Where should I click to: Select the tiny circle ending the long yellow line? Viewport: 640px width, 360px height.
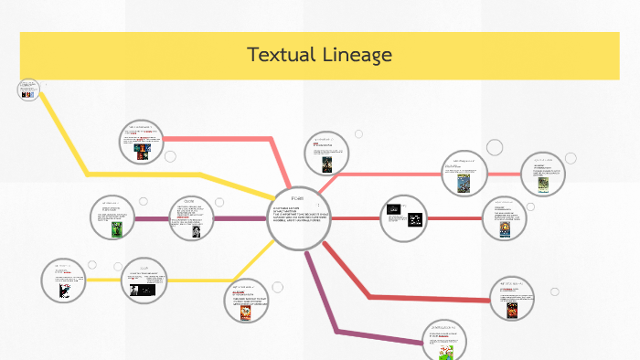pos(27,90)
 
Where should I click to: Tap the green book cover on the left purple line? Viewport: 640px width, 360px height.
pos(116,229)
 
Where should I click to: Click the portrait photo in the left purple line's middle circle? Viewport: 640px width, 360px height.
pos(197,232)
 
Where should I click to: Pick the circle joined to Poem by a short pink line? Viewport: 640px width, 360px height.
pos(326,154)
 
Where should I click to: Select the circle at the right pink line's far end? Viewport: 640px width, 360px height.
pos(543,174)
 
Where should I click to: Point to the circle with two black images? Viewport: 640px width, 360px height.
pos(402,217)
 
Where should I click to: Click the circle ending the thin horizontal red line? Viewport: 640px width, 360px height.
pos(506,219)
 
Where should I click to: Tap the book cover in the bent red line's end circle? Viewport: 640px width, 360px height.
pos(512,311)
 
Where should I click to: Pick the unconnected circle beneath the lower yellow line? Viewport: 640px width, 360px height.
pos(247,302)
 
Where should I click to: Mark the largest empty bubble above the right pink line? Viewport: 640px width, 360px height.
pos(495,146)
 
